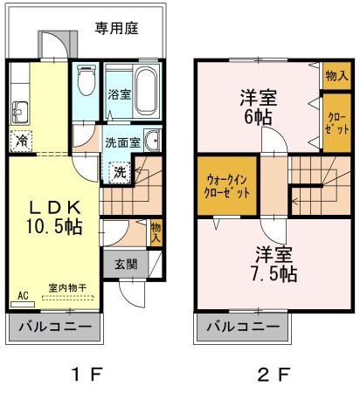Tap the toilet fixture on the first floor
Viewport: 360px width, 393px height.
click(x=85, y=83)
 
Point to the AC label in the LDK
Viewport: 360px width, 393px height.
click(x=24, y=297)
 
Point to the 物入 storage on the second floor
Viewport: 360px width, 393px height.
click(x=334, y=76)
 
